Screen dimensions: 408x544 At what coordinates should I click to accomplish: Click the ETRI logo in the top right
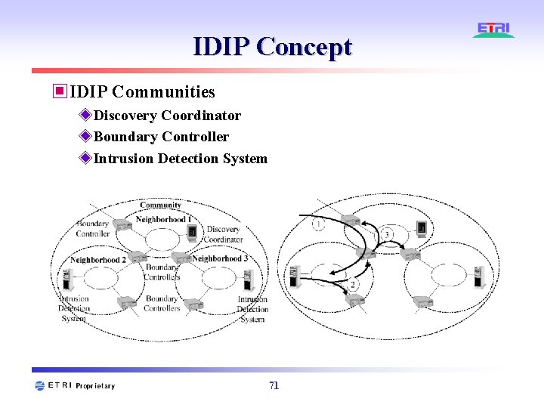494,29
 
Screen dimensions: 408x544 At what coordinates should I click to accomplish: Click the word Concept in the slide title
304,47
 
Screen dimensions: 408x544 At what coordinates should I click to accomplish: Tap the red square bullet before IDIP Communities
59,92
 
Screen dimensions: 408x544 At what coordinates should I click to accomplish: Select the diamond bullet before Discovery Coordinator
85,116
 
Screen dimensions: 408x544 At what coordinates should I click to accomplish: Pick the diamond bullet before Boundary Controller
85,137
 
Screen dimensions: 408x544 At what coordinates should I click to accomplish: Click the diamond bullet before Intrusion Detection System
85,159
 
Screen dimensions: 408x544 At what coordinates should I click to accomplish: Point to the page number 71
274,385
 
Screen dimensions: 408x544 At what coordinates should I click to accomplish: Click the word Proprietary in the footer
95,386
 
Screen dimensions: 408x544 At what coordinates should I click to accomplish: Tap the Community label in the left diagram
160,205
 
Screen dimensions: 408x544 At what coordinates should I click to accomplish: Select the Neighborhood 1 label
163,219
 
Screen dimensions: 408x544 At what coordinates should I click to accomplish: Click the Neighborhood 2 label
98,260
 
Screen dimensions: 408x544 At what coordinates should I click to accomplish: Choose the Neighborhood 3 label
220,258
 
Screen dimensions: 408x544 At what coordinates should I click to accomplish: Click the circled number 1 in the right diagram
319,224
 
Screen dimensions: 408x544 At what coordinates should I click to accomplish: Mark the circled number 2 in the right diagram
353,285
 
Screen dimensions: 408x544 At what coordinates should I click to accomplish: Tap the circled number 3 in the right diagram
387,235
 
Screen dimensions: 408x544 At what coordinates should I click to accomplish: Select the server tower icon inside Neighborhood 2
67,280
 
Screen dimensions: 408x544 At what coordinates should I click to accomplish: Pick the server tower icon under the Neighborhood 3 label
245,280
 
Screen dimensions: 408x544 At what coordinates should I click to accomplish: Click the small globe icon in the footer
39,386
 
